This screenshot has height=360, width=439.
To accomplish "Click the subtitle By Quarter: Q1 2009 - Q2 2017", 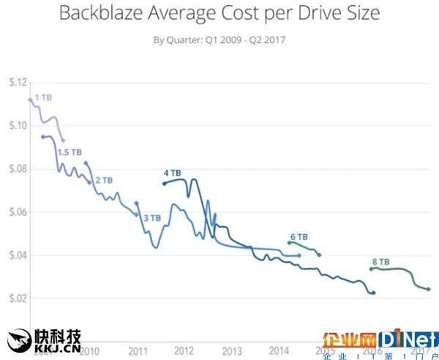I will pos(219,39).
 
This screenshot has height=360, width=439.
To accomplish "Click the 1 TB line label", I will pos(43,97).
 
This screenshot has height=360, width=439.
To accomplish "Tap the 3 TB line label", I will pos(151,218).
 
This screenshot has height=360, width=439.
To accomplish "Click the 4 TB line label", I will pos(172,173).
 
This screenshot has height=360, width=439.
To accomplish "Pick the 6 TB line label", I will pos(299,237).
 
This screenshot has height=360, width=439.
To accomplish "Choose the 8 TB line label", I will pos(380,261).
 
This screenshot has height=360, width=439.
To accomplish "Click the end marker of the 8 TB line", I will pos(429,289).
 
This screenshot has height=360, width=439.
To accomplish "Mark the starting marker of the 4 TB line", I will pos(164,184).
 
